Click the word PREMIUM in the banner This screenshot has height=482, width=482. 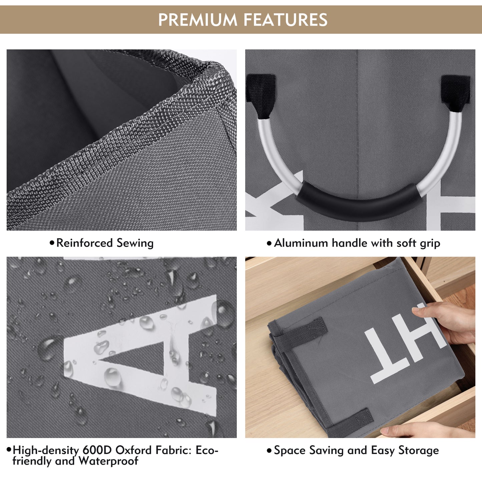pyautogui.click(x=197, y=20)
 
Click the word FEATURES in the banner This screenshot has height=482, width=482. pyautogui.click(x=286, y=20)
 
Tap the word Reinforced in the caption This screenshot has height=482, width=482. pyautogui.click(x=84, y=243)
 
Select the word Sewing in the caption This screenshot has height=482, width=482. pyautogui.click(x=135, y=244)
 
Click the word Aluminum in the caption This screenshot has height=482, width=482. pyautogui.click(x=301, y=243)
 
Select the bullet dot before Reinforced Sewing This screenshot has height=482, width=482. pyautogui.click(x=52, y=243)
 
